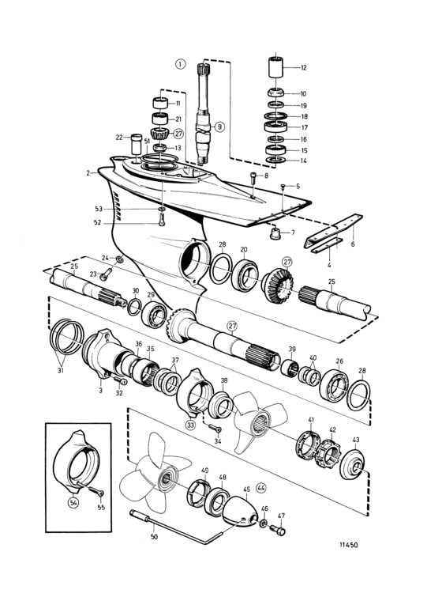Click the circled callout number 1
(181, 63)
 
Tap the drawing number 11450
(348, 545)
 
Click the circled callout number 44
(261, 488)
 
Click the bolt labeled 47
(278, 531)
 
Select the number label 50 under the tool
(154, 537)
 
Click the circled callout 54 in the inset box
(73, 502)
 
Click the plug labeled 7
(275, 233)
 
